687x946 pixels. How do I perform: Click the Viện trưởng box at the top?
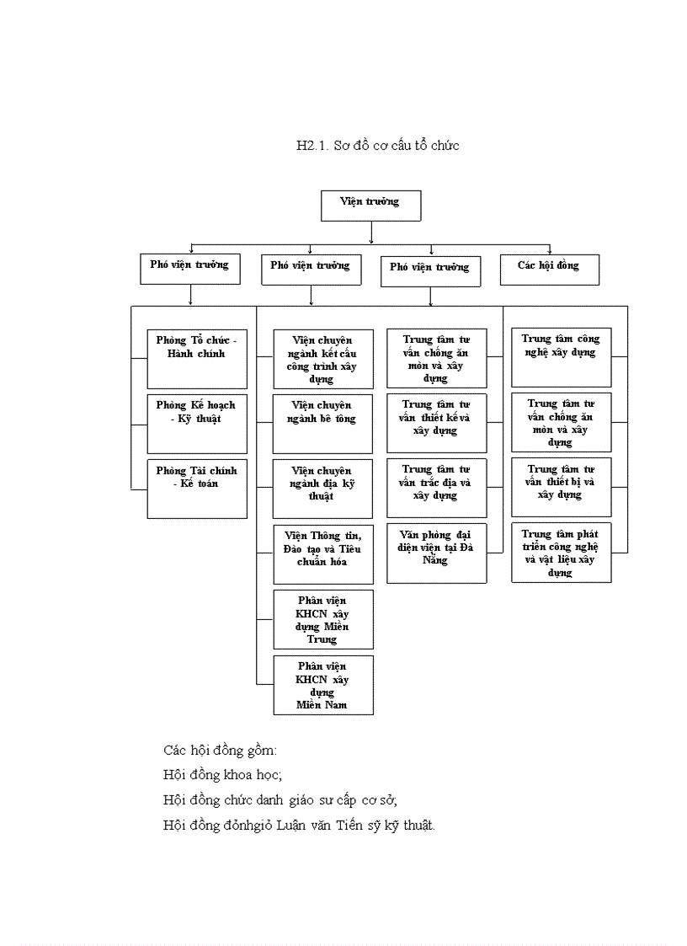(x=370, y=206)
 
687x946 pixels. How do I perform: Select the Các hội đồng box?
(x=550, y=269)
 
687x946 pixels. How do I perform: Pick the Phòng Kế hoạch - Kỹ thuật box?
(x=197, y=424)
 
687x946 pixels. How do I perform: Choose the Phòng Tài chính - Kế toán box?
(x=197, y=489)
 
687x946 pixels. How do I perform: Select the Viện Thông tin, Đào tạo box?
(x=323, y=553)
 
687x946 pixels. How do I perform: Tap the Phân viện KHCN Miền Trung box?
(x=323, y=619)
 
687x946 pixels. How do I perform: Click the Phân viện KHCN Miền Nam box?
(x=323, y=684)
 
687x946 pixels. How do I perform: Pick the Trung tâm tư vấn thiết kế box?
(x=436, y=422)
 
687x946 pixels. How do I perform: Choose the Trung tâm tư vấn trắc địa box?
(x=436, y=487)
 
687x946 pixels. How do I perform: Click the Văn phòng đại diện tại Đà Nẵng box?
(x=436, y=553)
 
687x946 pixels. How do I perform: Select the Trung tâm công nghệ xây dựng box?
(x=561, y=357)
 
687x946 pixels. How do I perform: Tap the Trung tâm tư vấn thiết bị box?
(x=561, y=487)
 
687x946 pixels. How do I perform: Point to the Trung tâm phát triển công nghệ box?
(x=561, y=553)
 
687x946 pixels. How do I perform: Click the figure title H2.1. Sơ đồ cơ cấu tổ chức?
(x=377, y=146)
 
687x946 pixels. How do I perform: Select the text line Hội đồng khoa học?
(x=222, y=774)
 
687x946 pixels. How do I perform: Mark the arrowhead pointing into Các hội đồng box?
(x=550, y=250)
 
